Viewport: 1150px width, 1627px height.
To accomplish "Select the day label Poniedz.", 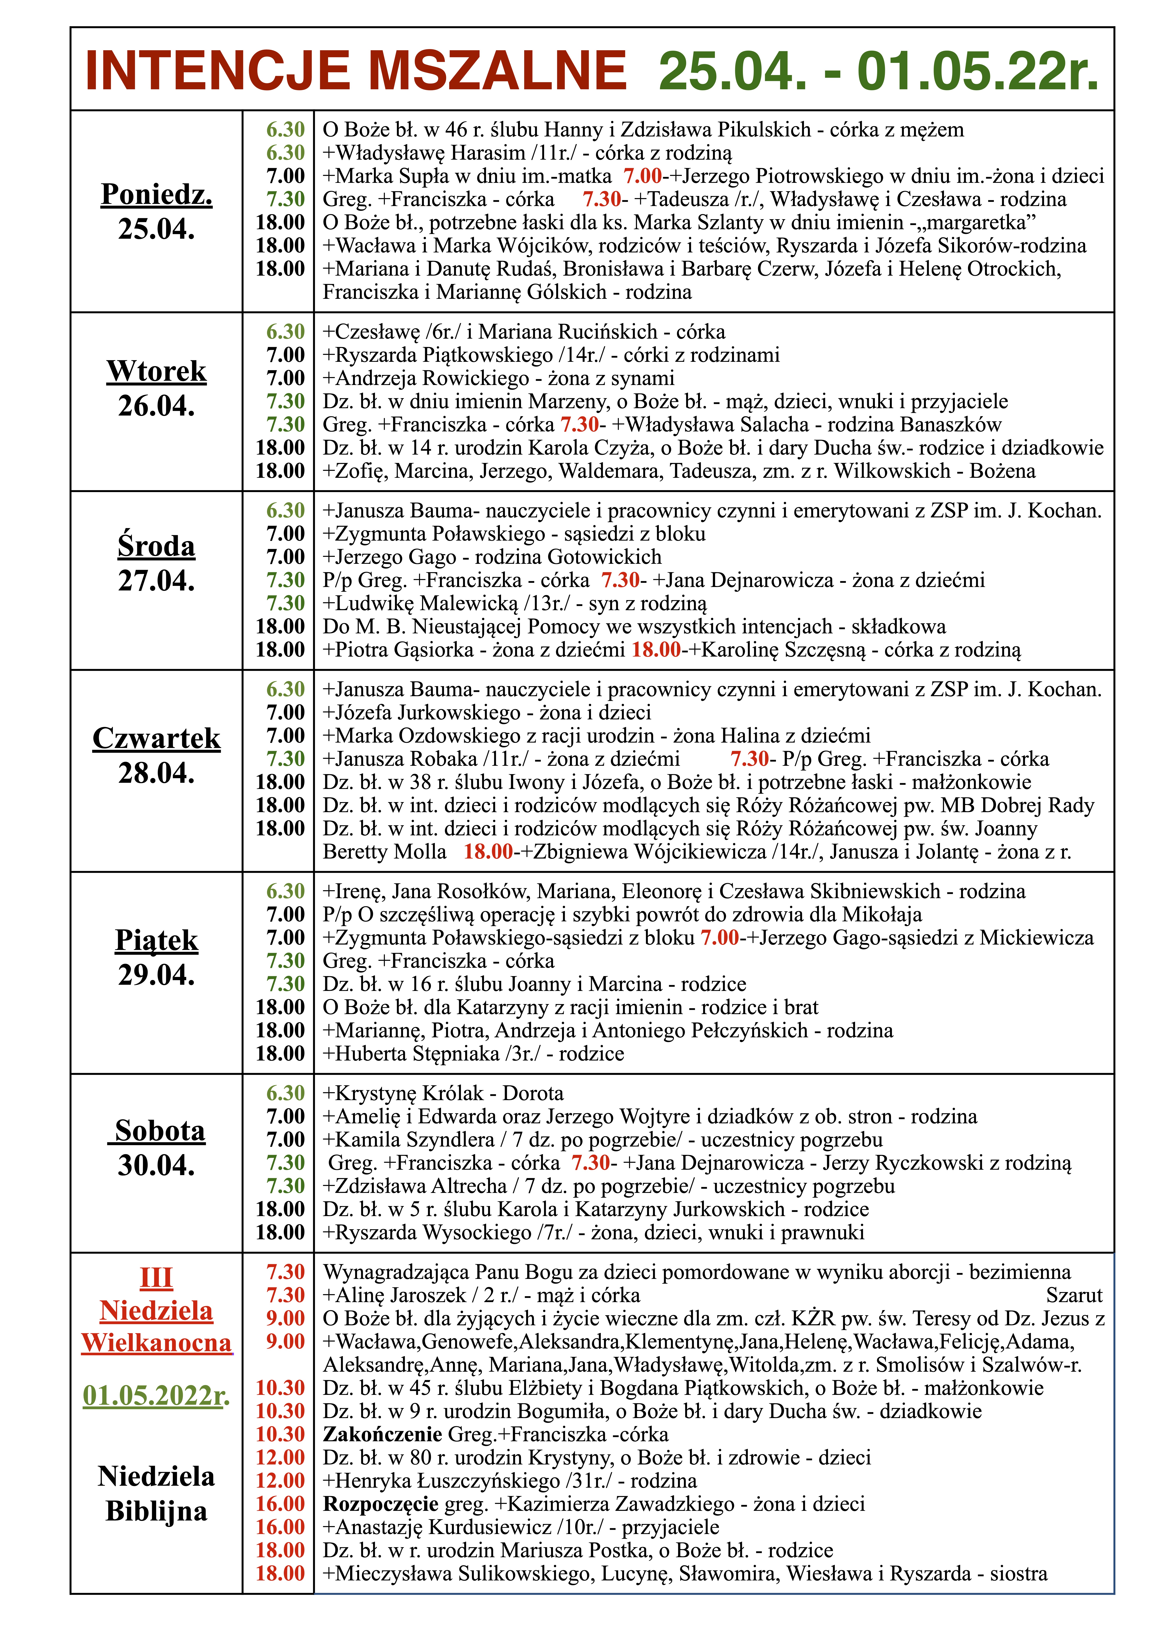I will pos(157,194).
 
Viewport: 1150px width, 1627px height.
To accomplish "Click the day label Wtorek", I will pos(157,371).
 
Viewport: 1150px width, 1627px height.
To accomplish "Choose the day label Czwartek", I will pos(157,738).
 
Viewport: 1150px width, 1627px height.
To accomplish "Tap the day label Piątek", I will pos(157,940).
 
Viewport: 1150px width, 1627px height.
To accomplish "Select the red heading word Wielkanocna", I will pos(157,1343).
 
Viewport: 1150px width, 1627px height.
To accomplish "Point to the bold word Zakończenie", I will pos(383,1434).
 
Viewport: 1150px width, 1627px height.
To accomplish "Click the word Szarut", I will pos(1074,1295).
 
